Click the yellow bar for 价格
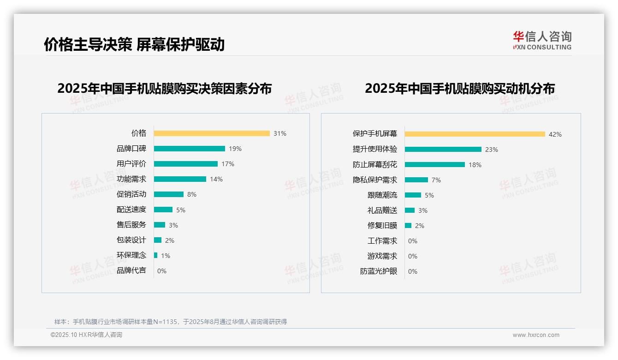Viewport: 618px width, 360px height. click(212, 133)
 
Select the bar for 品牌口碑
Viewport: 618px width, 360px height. click(190, 149)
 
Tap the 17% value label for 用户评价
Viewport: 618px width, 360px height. click(228, 164)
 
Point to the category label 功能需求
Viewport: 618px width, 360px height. click(131, 179)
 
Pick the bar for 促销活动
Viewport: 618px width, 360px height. click(169, 194)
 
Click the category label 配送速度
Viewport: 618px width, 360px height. click(131, 210)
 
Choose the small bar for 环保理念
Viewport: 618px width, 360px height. click(156, 255)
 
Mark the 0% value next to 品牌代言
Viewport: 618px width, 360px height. click(162, 271)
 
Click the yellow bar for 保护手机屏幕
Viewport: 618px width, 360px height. click(475, 134)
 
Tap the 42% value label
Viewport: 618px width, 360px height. click(555, 134)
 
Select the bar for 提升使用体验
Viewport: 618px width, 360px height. click(443, 150)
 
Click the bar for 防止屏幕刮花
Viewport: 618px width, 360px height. click(435, 165)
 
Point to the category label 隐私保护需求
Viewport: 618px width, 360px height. click(375, 180)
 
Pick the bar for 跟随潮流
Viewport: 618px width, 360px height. click(413, 195)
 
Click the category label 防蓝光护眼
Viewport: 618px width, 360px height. click(379, 271)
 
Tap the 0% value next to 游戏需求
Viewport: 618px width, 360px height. click(413, 256)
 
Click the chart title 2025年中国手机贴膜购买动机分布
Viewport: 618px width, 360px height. click(460, 88)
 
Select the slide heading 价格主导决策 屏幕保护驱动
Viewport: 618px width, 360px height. click(134, 44)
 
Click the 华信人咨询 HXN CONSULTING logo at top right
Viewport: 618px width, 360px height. click(542, 40)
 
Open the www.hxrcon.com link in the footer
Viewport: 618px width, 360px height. click(536, 335)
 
